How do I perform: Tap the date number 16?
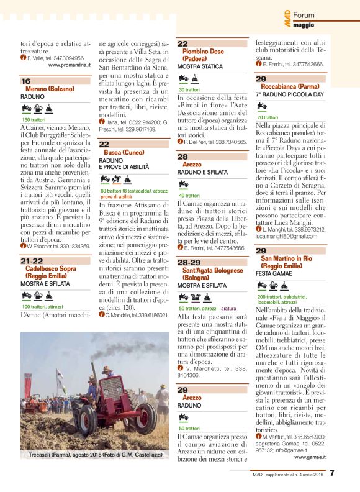(25, 81)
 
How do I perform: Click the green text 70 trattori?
(268, 117)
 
